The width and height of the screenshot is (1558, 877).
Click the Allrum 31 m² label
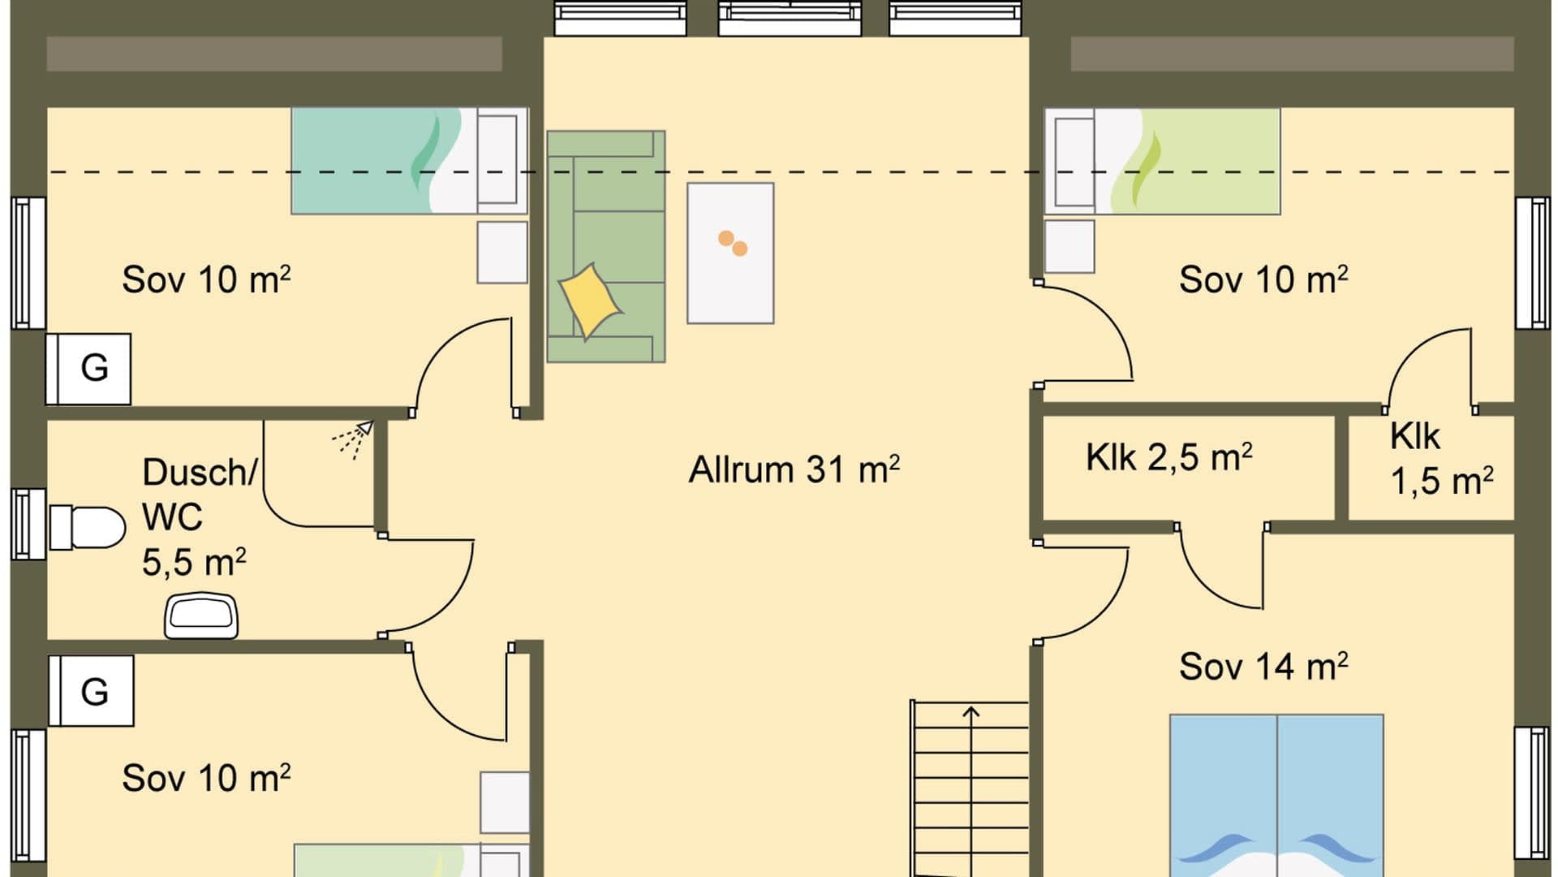(794, 470)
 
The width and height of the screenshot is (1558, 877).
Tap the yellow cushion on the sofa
(590, 300)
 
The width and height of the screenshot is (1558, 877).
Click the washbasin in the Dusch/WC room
(201, 616)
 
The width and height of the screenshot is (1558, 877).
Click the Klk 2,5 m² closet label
(1168, 458)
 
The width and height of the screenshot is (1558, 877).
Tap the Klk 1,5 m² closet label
(1440, 460)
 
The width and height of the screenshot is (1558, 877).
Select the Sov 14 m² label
(1263, 667)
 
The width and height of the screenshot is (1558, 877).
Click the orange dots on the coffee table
(733, 243)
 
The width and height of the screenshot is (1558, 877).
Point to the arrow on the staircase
(971, 714)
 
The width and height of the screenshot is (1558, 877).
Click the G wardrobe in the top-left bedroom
(89, 369)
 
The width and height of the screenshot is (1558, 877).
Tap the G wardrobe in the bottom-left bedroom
(92, 691)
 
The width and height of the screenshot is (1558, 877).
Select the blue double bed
(1276, 796)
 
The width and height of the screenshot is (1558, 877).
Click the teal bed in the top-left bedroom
(381, 161)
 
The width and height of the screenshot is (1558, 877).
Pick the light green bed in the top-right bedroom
(1185, 161)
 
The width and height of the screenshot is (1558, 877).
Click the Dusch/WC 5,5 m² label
(195, 517)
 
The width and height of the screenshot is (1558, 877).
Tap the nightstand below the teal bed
(501, 252)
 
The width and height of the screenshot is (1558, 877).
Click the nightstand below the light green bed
(1069, 247)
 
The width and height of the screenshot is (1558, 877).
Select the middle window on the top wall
(790, 18)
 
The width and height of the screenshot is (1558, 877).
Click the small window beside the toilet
(28, 524)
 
